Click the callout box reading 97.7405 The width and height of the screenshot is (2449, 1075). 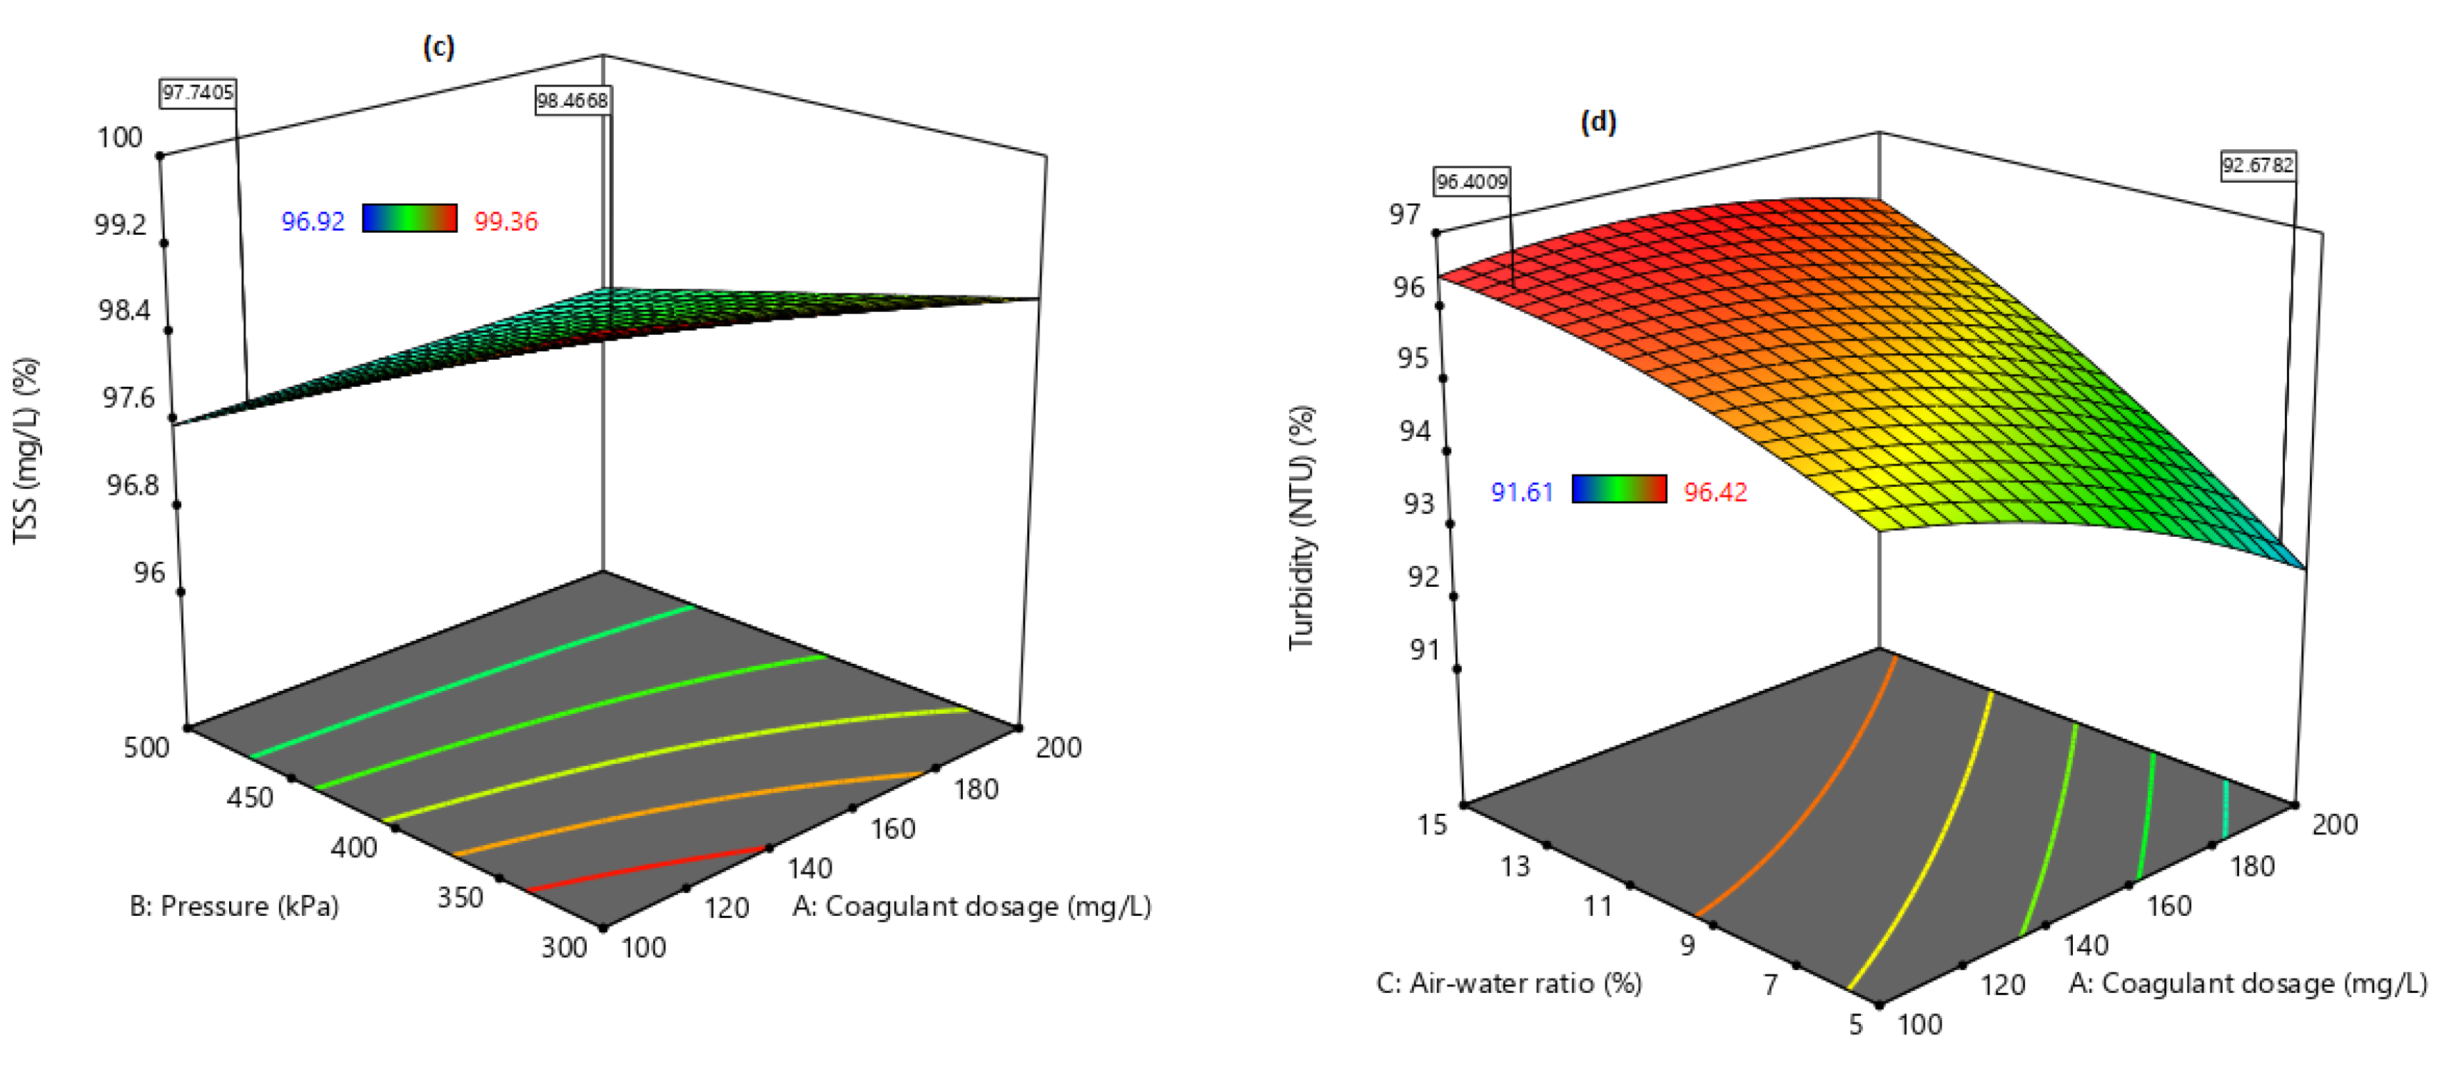coord(198,92)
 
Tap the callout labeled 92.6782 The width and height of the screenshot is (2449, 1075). coord(2258,166)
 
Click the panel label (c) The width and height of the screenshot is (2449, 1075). coord(438,46)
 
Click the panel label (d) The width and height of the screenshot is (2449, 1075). coord(1598,121)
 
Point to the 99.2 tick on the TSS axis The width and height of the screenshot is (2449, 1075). coord(121,224)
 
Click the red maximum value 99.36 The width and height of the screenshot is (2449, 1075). coord(506,221)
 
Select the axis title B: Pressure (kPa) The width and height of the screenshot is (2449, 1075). coord(234,906)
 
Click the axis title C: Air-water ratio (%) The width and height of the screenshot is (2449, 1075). coord(1509,983)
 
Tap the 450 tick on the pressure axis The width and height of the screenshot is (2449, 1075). coord(250,797)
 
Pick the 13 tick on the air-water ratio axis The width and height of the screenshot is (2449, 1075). coord(1515,866)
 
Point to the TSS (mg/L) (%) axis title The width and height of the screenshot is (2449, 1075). coord(26,450)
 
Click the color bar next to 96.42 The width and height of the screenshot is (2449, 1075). coord(1619,488)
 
